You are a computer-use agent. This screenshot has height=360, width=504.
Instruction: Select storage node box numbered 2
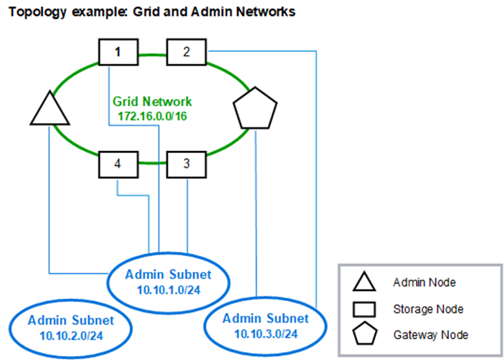(x=185, y=52)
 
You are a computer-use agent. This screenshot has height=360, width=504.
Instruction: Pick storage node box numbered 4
(x=118, y=163)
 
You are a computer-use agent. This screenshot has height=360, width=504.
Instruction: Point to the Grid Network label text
(x=152, y=102)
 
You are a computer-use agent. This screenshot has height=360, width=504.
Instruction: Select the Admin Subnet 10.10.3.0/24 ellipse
(x=265, y=325)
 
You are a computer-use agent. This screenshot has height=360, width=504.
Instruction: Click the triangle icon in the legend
(x=364, y=283)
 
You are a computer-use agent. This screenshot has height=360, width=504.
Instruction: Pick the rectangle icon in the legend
(x=364, y=309)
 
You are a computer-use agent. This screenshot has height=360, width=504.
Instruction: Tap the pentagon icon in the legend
(x=364, y=334)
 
